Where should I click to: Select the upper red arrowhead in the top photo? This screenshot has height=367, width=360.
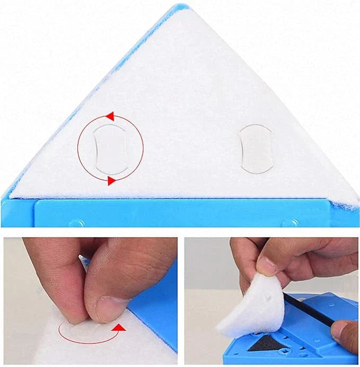(110, 116)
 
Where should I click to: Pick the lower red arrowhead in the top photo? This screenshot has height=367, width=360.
(111, 181)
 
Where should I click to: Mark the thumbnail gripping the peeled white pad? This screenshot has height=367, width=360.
(266, 266)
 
